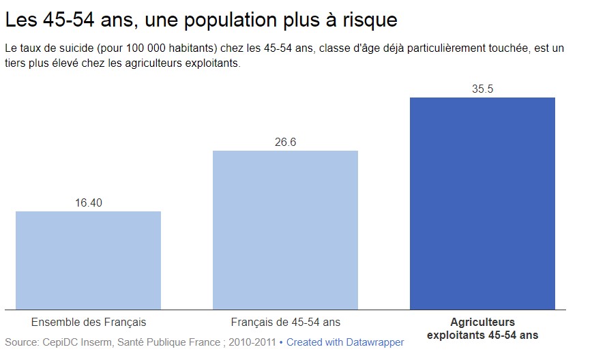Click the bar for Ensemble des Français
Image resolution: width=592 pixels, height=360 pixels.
pos(88,260)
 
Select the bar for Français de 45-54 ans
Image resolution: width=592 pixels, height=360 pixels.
pos(285,229)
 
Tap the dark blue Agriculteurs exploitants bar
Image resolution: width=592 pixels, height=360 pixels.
pos(482,203)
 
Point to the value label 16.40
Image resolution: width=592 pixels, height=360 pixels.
pos(88,202)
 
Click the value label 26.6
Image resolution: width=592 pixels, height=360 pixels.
pos(285,142)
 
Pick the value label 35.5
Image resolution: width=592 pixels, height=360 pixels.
pos(482,89)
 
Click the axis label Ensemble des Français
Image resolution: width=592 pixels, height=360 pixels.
pos(89,322)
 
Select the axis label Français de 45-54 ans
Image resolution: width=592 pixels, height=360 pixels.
pos(285,322)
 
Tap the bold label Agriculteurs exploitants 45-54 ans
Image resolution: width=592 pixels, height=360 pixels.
pos(482,328)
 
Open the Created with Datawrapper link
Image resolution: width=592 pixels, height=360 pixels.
pos(345,342)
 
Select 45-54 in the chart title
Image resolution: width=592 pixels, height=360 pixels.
pos(66,20)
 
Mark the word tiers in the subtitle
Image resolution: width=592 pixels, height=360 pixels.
pos(18,65)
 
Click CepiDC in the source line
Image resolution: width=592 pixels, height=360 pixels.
pos(60,342)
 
